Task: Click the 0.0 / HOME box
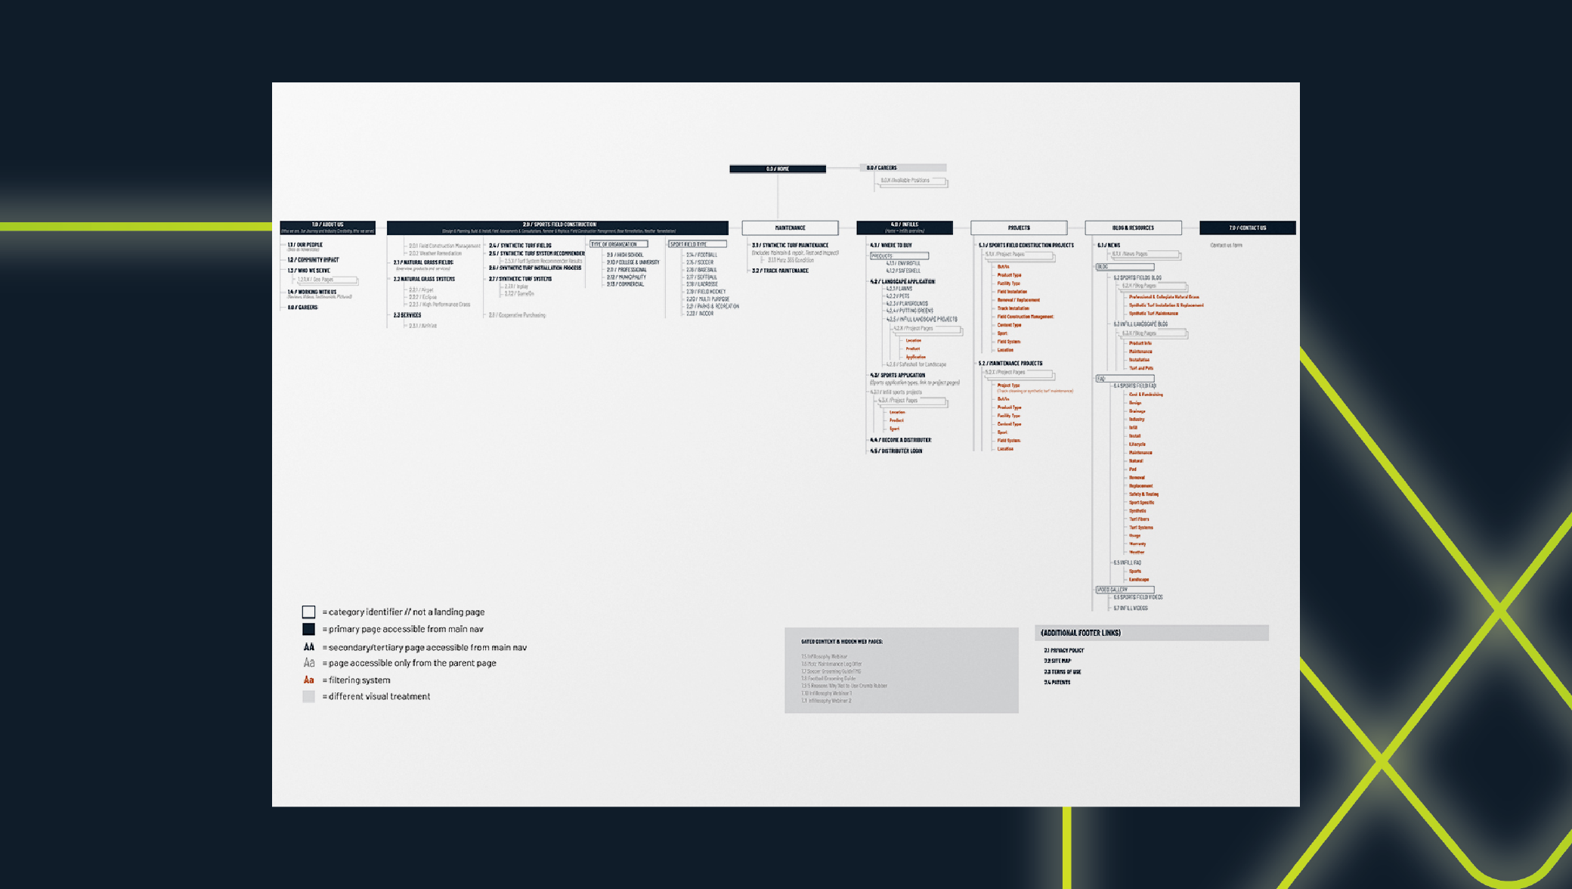777,169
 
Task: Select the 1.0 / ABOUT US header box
327,228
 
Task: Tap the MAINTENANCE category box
790,228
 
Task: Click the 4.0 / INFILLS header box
904,228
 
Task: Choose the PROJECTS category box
1018,228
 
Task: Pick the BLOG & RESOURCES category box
1133,228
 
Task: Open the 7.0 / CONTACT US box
1247,228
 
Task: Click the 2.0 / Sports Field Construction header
558,228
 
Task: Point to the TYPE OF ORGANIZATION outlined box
618,244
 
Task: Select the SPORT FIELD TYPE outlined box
697,244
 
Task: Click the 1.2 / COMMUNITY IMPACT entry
313,259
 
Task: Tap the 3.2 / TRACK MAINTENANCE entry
780,271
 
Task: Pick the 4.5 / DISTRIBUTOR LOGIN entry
896,451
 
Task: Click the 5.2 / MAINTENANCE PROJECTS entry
1010,364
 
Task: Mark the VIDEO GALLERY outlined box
1125,590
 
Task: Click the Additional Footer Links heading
1081,633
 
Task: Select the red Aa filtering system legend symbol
308,680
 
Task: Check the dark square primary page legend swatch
308,629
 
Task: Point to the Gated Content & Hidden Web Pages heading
842,642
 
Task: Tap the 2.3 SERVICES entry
407,315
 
